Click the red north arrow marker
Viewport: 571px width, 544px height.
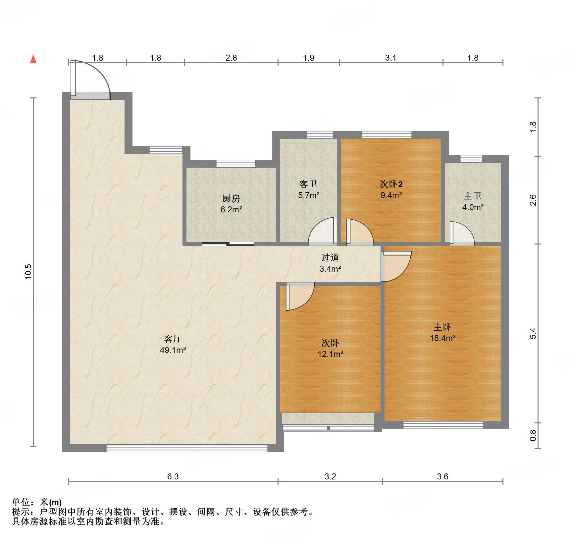[x=33, y=59]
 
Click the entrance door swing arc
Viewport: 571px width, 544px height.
[x=96, y=75]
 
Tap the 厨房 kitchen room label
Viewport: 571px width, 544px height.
[x=231, y=198]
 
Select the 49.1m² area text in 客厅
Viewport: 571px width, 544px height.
[x=173, y=350]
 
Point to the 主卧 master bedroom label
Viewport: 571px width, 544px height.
[x=442, y=327]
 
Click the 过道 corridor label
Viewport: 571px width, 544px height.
[x=330, y=258]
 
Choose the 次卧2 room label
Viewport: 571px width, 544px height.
[x=391, y=184]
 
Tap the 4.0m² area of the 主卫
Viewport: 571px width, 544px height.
[x=473, y=207]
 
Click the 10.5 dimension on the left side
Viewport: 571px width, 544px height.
[x=28, y=271]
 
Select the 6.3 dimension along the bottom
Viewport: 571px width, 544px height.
[x=173, y=476]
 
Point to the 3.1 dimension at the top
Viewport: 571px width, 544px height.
[x=390, y=58]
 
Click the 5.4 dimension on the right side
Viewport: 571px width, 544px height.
[x=533, y=333]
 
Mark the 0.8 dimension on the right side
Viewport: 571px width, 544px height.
[x=533, y=435]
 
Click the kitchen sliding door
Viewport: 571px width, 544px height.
[x=228, y=244]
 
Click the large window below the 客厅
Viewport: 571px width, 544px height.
[x=186, y=449]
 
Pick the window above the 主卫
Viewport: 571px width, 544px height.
[x=471, y=158]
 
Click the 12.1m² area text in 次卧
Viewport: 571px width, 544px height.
[x=330, y=354]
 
